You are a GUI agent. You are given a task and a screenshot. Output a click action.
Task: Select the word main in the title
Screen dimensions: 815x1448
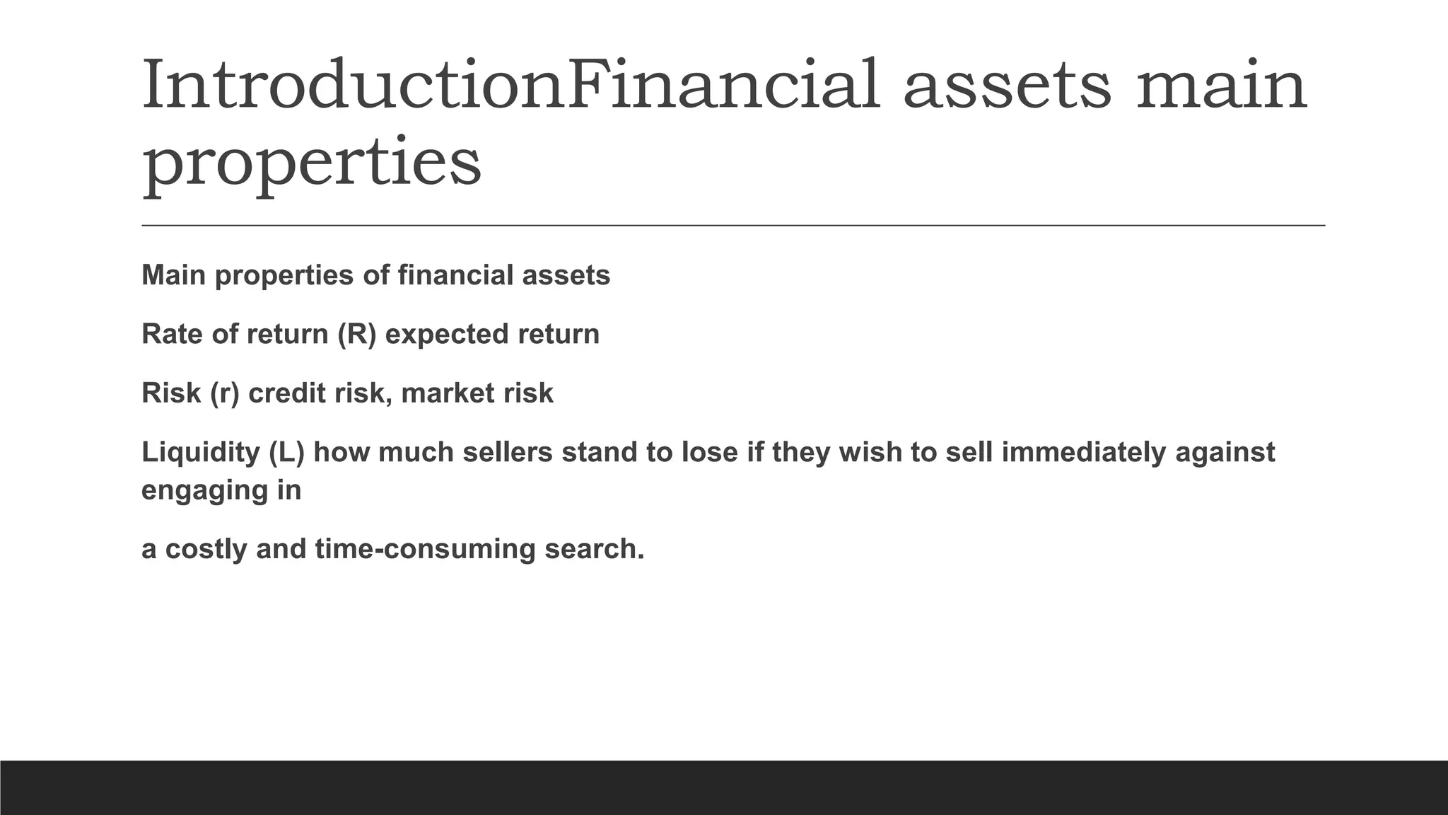pos(1221,86)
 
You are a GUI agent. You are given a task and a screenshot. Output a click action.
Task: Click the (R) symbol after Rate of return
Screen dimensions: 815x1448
pos(356,334)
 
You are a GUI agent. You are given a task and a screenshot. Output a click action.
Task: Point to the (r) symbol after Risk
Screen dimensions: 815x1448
pos(224,393)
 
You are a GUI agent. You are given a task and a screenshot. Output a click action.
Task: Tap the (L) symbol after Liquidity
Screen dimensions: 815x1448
pos(286,452)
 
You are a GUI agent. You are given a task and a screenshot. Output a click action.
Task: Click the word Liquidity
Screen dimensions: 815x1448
pos(201,452)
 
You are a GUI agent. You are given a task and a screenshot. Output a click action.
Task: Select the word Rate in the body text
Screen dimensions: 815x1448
pos(172,334)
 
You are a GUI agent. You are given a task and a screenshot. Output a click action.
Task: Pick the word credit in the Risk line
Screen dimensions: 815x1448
pos(287,393)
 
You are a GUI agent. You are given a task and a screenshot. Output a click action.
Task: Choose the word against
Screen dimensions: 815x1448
pos(1225,453)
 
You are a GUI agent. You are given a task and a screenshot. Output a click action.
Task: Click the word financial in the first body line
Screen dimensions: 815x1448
pos(455,275)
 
